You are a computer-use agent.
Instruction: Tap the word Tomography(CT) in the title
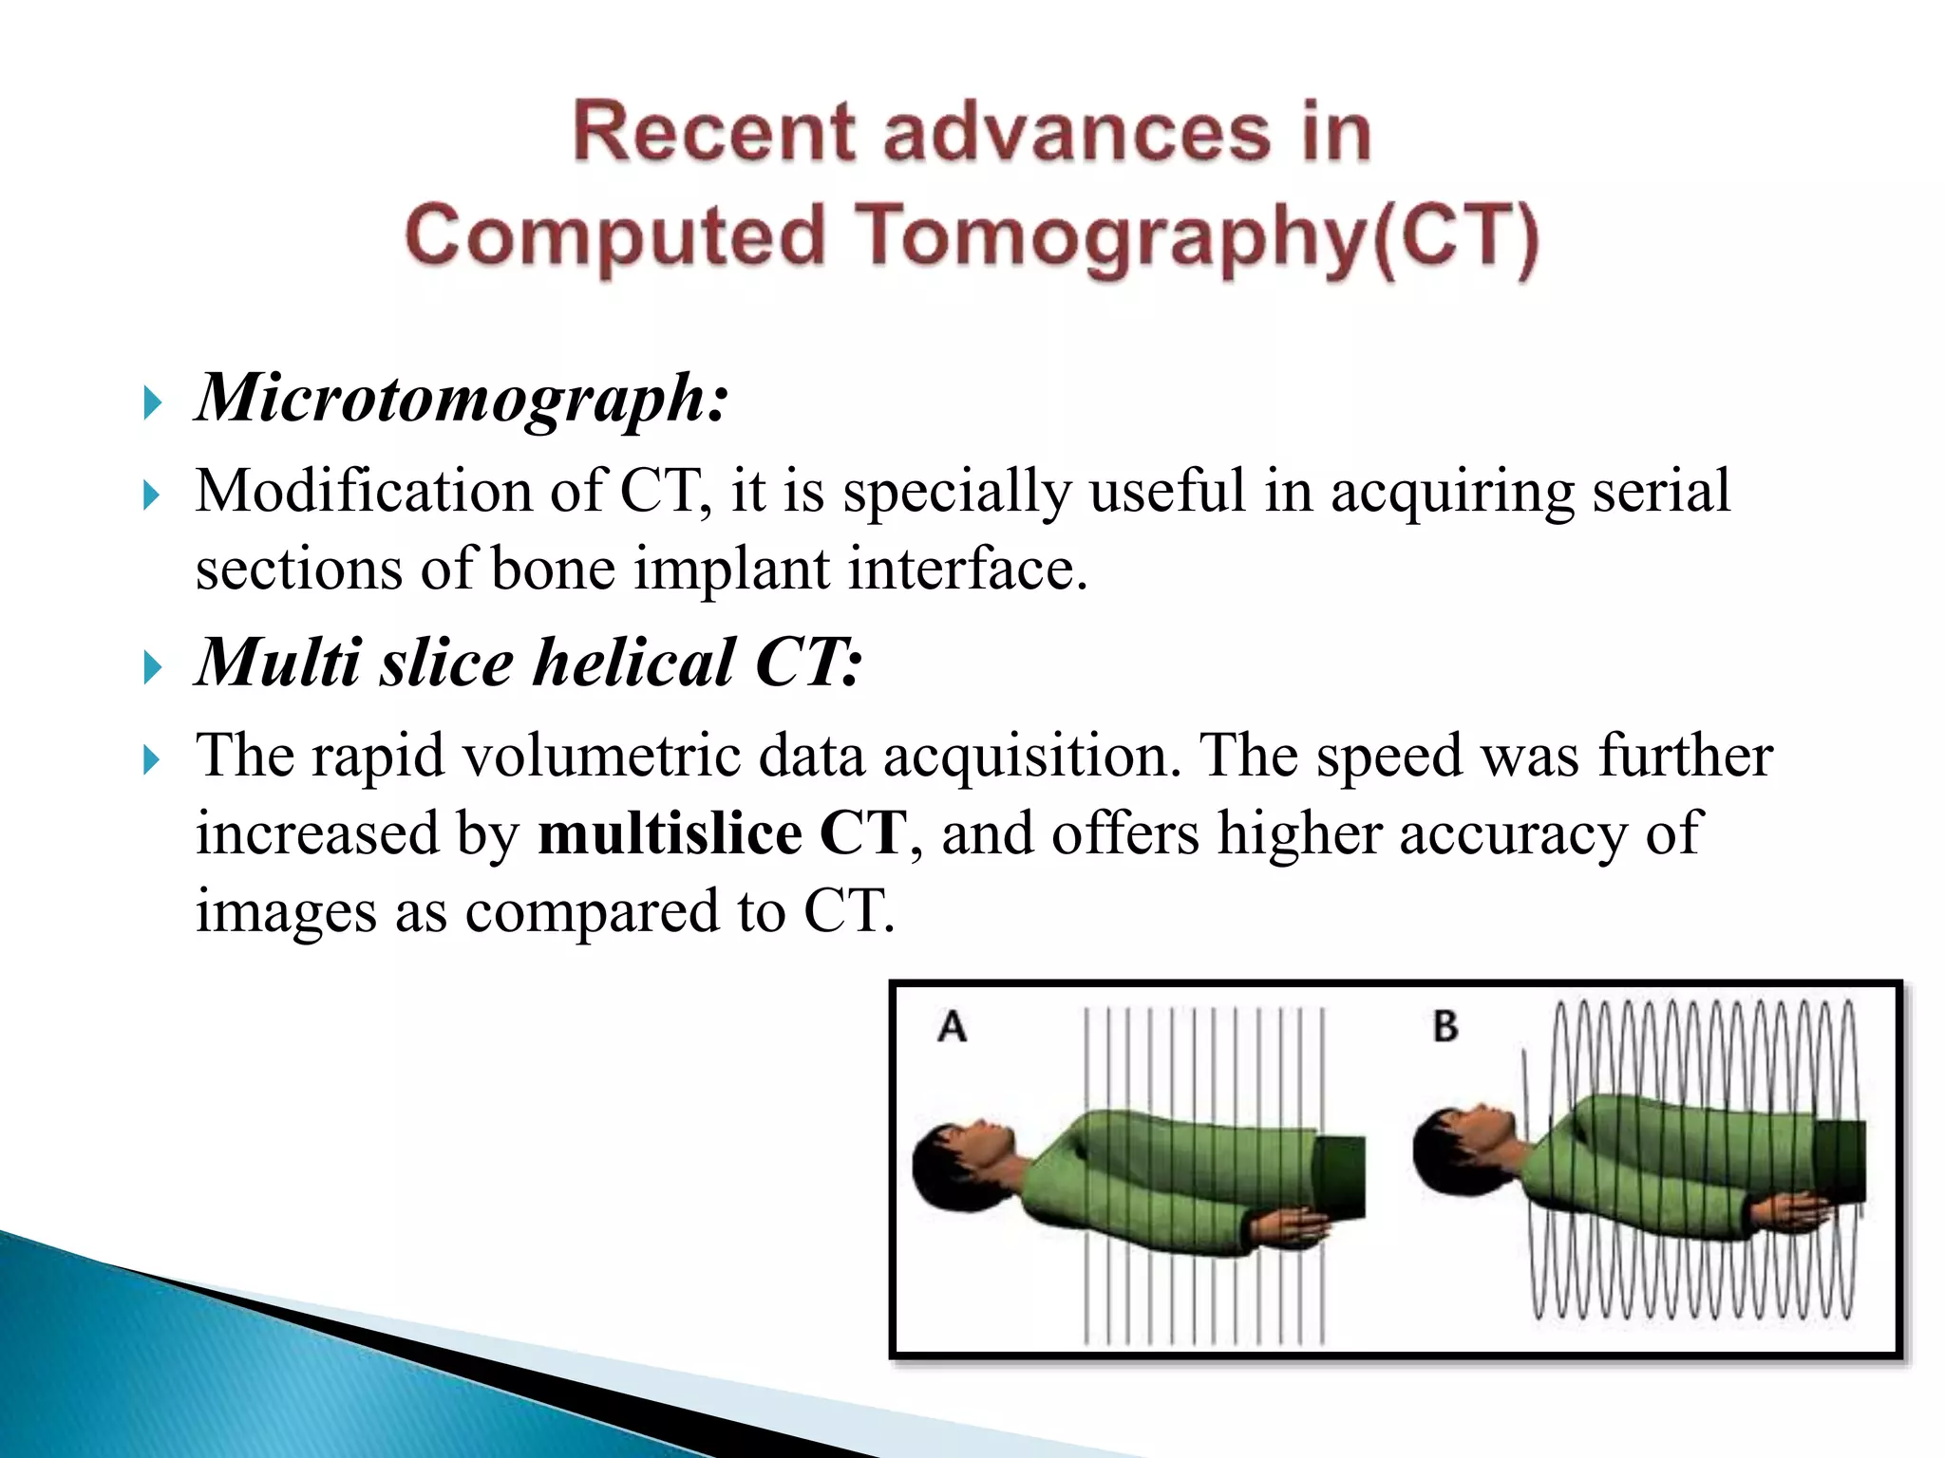coord(1200,236)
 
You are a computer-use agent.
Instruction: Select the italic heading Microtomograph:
coord(463,397)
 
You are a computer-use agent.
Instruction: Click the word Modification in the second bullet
coord(364,492)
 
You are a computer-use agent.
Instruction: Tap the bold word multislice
coord(670,833)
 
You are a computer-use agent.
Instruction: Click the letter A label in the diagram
coord(952,1027)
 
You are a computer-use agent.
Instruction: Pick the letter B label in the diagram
coord(1445,1027)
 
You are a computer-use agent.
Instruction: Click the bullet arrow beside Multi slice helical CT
coord(152,668)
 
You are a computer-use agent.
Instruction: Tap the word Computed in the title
coord(615,236)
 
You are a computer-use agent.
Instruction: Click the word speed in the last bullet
coord(1388,757)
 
